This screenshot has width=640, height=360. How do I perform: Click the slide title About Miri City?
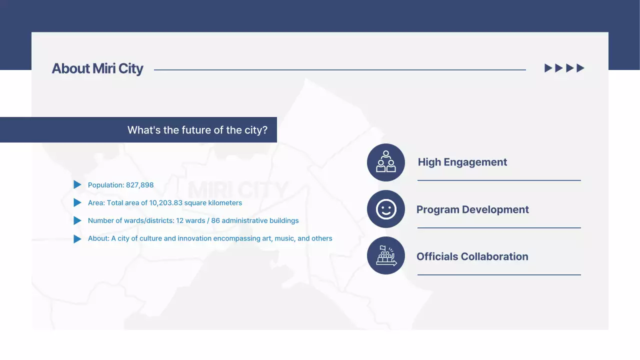coord(97,68)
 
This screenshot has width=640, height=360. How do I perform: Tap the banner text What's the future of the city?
coord(197,130)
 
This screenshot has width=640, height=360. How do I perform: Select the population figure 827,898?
coord(140,185)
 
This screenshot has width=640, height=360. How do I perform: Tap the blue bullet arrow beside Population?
coord(77,185)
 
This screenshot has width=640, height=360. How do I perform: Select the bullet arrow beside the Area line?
coord(77,203)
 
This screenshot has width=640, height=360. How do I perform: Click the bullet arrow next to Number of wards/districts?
coord(77,220)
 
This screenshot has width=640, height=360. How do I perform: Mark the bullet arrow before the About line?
coord(77,238)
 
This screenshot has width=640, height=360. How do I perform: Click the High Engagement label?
coord(462,162)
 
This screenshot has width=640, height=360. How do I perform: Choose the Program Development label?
coord(472,209)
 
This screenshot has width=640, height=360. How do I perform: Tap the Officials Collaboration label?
coord(472,256)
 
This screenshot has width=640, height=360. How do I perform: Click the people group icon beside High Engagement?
coord(385,162)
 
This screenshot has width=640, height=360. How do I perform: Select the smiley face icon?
coord(385,209)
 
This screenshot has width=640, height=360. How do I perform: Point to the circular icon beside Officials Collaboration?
coord(385,256)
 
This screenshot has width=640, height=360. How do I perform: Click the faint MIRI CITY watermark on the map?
coord(238,190)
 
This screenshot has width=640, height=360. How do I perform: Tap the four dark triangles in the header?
coord(564,68)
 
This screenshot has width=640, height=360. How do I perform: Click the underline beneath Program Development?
coord(499,227)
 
